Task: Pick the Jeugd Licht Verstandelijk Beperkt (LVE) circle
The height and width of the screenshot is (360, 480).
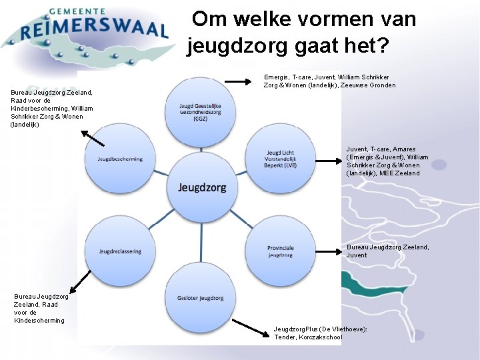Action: point(280,159)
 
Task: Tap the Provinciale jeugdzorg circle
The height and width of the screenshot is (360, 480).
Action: point(280,251)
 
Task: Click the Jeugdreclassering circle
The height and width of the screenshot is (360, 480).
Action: point(120,251)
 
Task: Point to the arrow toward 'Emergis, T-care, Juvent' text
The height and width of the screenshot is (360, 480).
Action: point(237,81)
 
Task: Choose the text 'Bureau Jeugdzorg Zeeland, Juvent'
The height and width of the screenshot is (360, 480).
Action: point(387,251)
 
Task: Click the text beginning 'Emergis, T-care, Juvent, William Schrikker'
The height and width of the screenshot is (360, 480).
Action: point(329,81)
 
